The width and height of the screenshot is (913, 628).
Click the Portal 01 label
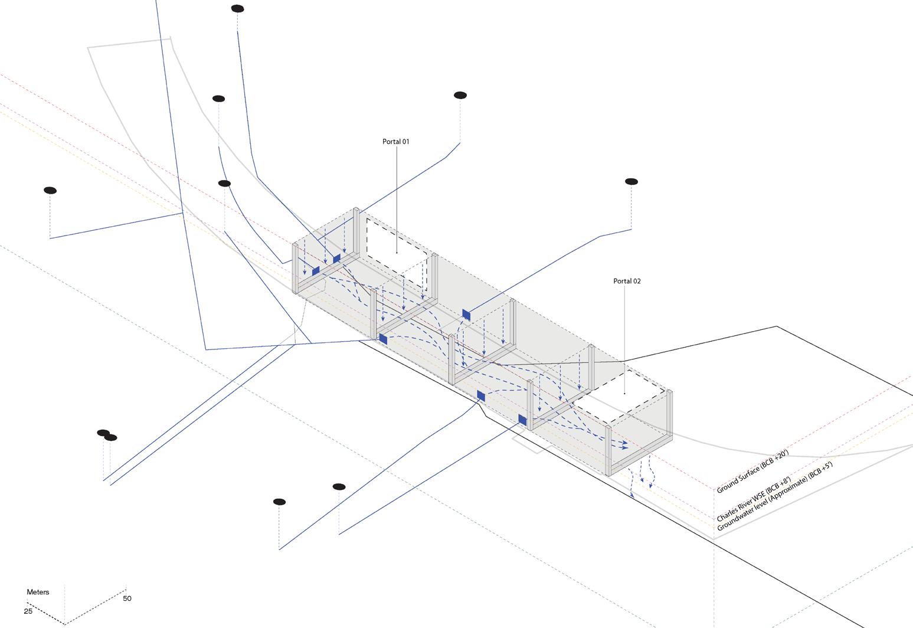(x=395, y=142)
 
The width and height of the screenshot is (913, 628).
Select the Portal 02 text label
(x=627, y=281)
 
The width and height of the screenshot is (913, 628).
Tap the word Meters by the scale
(x=38, y=592)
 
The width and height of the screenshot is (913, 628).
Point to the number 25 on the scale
(x=28, y=611)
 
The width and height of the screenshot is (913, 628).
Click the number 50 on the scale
(x=127, y=598)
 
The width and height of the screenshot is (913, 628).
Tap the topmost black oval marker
(x=237, y=8)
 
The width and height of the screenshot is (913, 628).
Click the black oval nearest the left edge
(x=50, y=190)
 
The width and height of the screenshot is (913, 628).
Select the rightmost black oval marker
(x=631, y=181)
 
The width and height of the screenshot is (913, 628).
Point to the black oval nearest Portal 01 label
(x=460, y=95)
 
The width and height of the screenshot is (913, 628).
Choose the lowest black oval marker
(x=279, y=502)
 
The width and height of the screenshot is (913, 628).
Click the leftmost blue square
(x=316, y=270)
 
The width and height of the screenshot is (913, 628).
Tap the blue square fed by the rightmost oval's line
(x=466, y=315)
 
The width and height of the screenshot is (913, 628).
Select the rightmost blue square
(x=522, y=420)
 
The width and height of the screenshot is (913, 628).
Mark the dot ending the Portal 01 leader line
(x=397, y=253)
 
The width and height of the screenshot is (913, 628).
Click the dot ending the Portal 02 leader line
(x=625, y=394)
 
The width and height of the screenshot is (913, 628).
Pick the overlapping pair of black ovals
(x=107, y=436)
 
